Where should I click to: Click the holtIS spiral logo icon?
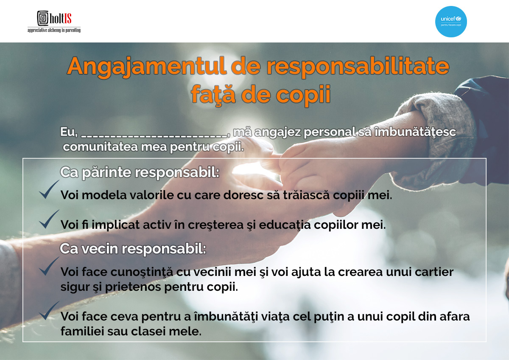click(x=43, y=18)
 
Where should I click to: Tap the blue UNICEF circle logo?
click(x=451, y=22)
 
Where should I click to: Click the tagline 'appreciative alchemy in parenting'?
click(x=54, y=30)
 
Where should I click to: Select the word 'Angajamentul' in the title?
click(x=147, y=67)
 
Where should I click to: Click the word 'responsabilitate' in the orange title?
click(x=358, y=67)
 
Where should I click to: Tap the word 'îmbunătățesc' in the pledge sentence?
click(x=415, y=132)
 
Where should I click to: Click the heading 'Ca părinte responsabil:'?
click(x=140, y=173)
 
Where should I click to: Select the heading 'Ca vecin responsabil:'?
click(x=133, y=249)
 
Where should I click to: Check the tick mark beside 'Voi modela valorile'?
click(x=49, y=189)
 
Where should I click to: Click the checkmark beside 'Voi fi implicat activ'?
click(x=49, y=219)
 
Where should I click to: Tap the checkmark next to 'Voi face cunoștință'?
click(x=49, y=266)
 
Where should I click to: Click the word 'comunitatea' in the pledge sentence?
click(x=101, y=147)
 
